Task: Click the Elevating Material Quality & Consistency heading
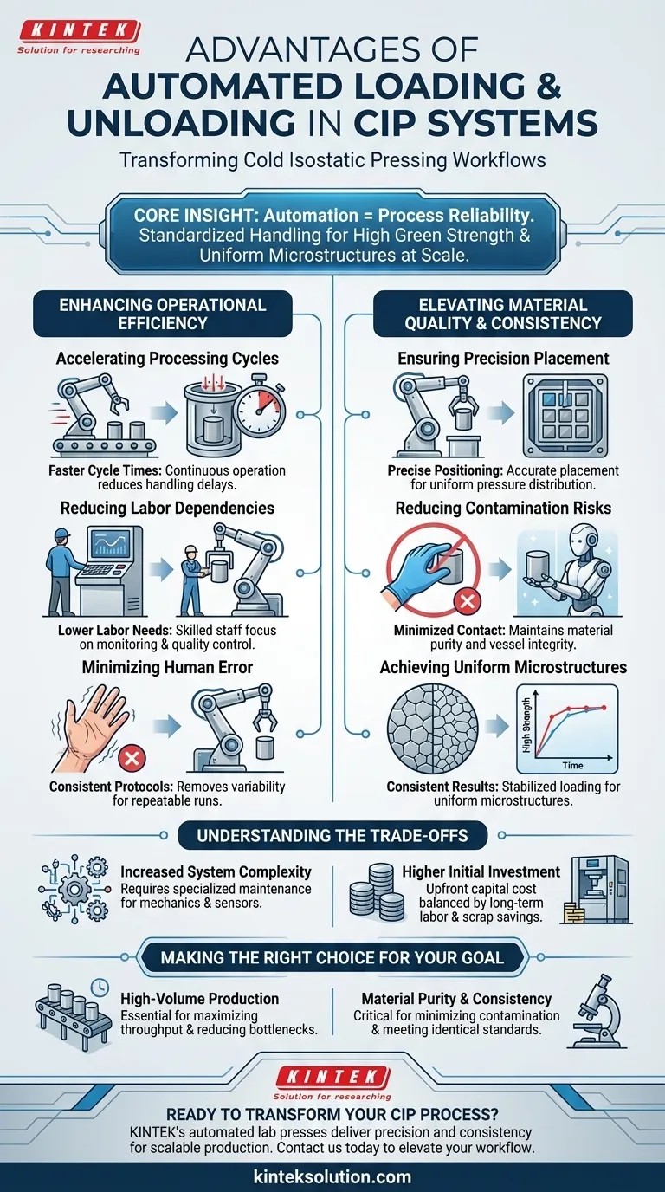click(x=503, y=314)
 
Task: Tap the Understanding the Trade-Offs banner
click(x=332, y=836)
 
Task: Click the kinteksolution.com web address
click(x=332, y=1177)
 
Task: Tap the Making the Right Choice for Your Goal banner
click(x=332, y=958)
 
